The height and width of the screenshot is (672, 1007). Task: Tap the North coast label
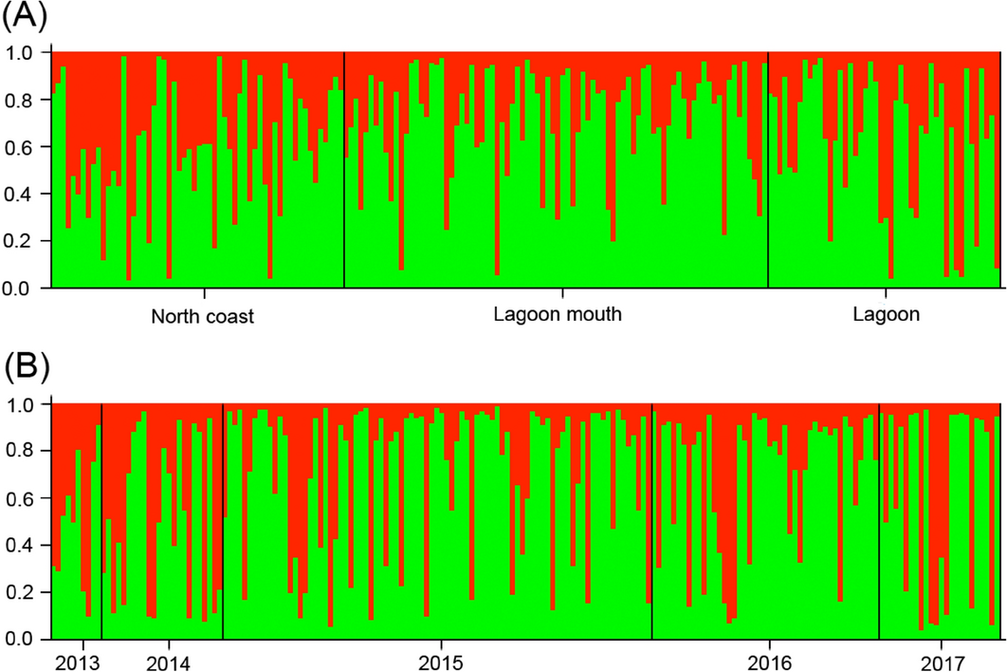point(203,316)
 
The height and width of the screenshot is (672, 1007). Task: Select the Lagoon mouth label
point(558,314)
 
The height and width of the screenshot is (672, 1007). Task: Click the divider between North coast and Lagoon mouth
point(344,171)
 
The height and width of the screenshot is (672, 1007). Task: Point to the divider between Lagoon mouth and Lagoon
point(768,171)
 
